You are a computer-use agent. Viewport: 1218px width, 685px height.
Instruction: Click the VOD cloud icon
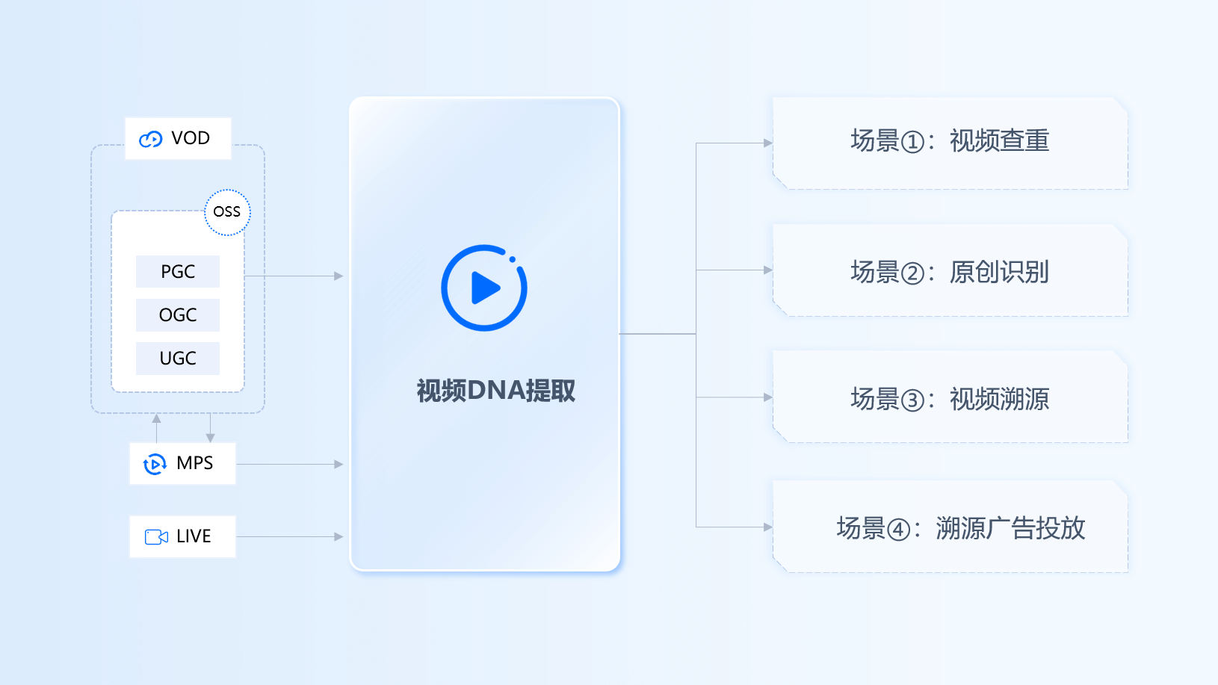[x=151, y=139]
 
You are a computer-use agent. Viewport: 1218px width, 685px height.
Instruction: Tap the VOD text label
[x=191, y=138]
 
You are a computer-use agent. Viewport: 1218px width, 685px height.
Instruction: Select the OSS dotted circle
[x=227, y=212]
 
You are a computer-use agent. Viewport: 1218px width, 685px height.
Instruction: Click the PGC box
[x=178, y=272]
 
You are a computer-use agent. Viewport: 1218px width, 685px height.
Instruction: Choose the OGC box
[x=178, y=315]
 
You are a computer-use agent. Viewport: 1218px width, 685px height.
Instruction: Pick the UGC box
[x=178, y=359]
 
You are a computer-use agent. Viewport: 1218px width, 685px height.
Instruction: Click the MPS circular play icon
[x=155, y=464]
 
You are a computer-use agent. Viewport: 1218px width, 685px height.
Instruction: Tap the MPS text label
[x=195, y=463]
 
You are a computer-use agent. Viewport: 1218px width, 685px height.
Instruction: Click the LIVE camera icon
[x=156, y=537]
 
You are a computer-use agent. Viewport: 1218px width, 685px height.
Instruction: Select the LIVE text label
[x=194, y=536]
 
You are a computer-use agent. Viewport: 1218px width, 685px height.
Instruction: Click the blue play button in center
[x=484, y=288]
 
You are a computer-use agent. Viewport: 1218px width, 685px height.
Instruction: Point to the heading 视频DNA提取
[x=495, y=391]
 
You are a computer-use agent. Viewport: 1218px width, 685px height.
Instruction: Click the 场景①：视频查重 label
[x=950, y=141]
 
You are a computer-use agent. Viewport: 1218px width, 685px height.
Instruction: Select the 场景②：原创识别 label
[x=950, y=273]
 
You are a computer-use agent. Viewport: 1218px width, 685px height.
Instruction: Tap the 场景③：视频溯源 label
[x=950, y=400]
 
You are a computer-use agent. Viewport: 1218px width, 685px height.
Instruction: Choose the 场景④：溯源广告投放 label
[x=960, y=529]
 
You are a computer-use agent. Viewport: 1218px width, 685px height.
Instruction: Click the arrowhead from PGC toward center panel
[x=338, y=276]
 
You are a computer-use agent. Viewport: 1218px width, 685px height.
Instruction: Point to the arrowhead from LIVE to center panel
[x=338, y=537]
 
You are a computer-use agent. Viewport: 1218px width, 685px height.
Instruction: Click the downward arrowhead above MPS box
[x=211, y=438]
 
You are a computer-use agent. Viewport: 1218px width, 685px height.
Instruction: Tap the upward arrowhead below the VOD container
[x=157, y=418]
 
